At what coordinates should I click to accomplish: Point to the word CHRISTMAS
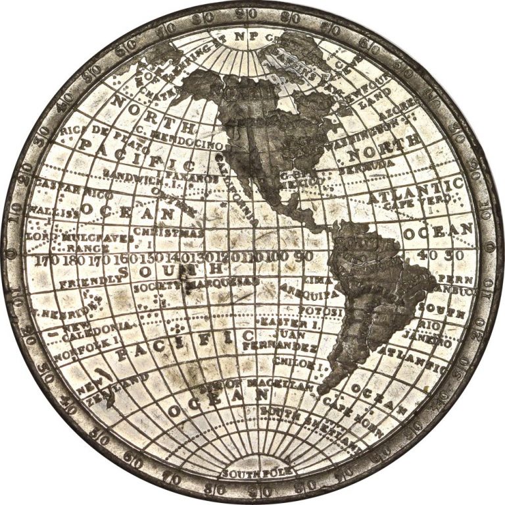tap(168, 232)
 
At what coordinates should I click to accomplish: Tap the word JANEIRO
tap(433, 342)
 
